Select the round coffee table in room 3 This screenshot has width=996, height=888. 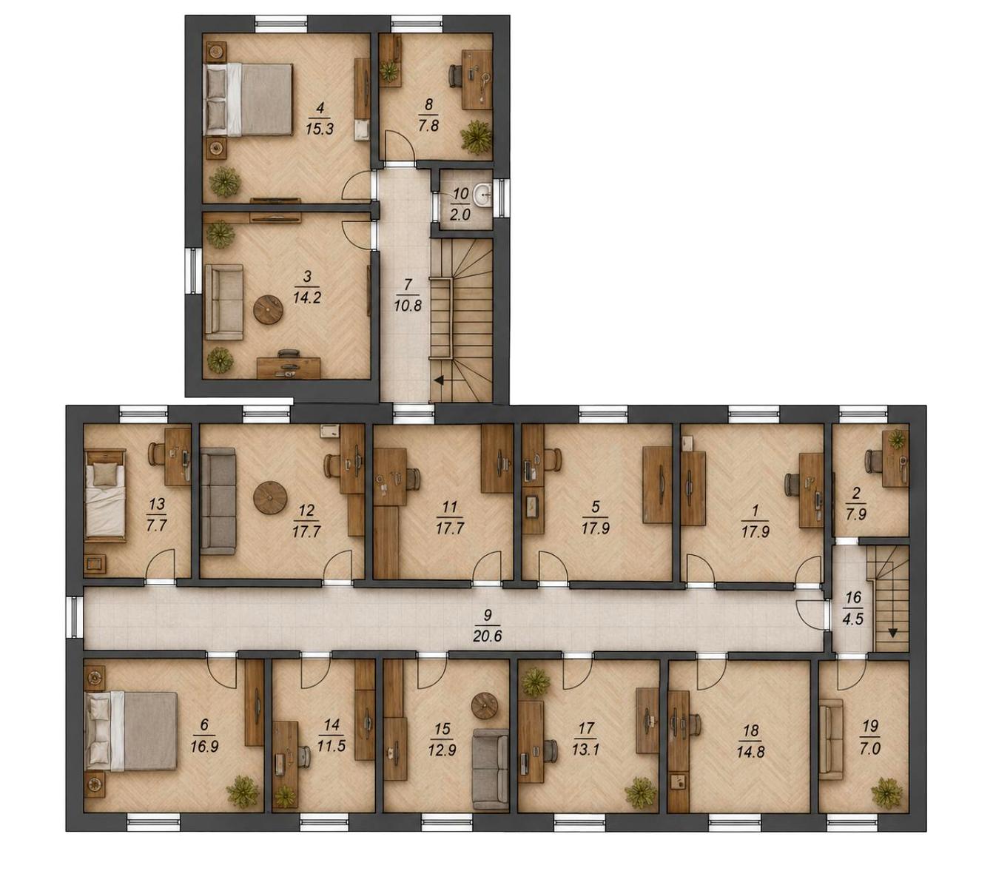click(x=269, y=309)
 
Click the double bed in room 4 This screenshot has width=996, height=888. click(x=249, y=99)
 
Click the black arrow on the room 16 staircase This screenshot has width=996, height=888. click(x=892, y=633)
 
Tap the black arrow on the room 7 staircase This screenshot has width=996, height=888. click(x=439, y=380)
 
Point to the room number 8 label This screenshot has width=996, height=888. click(x=428, y=104)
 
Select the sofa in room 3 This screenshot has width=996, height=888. click(x=224, y=302)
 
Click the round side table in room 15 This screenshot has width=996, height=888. click(x=485, y=706)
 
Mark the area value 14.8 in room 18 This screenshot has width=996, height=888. click(x=750, y=752)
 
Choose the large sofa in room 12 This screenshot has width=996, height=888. click(x=218, y=500)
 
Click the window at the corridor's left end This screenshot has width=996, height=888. click(x=75, y=616)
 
